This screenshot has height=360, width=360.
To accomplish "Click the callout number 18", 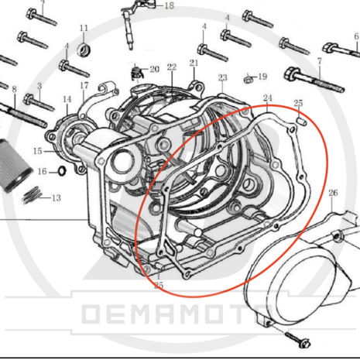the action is click(x=170, y=5).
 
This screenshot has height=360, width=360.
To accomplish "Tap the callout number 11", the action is click(x=84, y=28).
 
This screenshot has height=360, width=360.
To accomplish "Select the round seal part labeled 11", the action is click(x=84, y=50).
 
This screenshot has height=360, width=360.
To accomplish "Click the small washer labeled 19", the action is click(x=249, y=79).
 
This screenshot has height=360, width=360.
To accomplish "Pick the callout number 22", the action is click(x=172, y=67).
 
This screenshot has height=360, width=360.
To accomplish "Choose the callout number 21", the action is click(x=194, y=63).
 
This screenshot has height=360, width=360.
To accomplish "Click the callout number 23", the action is click(x=222, y=77).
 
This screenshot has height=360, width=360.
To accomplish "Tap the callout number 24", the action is click(x=268, y=98).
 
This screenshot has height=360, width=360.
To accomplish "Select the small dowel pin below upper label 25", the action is click(x=301, y=122).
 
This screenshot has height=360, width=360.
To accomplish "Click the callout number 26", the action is click(x=333, y=193).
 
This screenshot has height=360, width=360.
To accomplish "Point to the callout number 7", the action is click(x=320, y=61).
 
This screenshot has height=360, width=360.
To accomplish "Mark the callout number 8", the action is click(x=14, y=89).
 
